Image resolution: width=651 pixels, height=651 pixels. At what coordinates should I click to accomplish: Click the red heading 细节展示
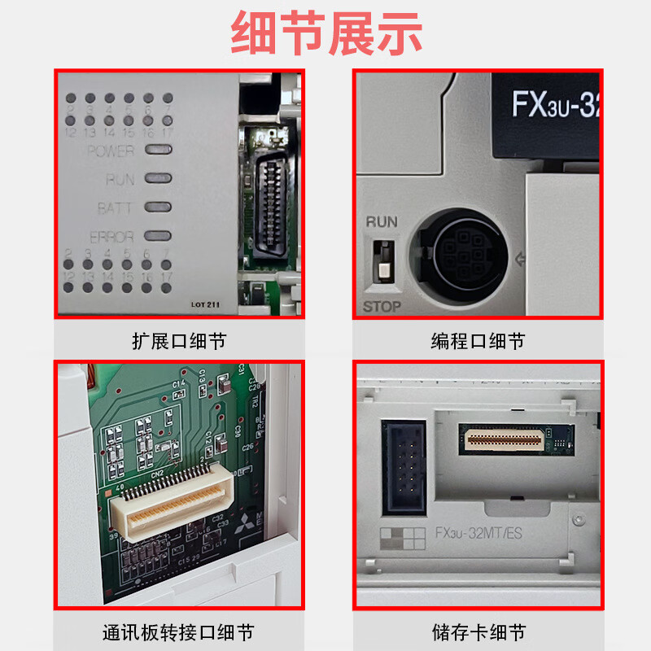325,34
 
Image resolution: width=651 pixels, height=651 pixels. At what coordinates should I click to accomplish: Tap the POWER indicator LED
158,150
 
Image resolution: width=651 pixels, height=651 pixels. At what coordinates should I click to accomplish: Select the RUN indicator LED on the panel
158,178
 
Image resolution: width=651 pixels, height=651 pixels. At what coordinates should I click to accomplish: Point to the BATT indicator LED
158,207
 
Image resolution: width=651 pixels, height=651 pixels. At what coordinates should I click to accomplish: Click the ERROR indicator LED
158,236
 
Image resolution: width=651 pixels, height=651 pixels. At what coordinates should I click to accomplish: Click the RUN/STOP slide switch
380,261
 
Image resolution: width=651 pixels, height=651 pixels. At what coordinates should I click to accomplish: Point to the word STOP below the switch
382,307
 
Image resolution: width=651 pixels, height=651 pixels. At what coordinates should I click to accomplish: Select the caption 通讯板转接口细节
179,632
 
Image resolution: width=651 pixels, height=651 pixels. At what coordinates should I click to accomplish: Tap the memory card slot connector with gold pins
501,439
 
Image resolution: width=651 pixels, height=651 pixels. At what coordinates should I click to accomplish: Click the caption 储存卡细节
478,632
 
